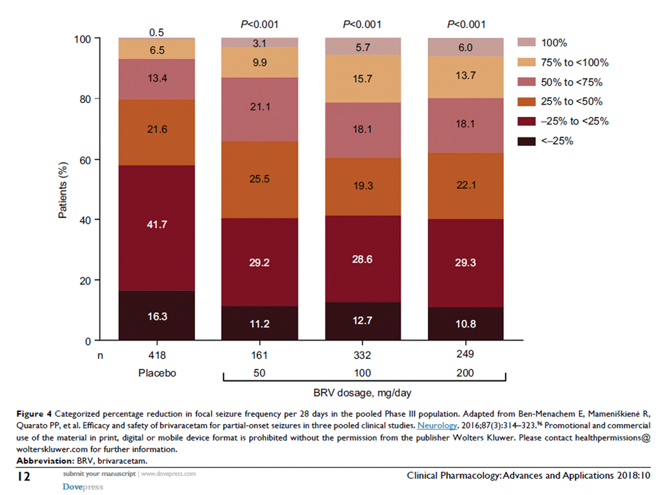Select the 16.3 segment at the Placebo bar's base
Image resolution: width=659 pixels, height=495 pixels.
[157, 315]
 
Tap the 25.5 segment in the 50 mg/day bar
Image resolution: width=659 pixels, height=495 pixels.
[259, 180]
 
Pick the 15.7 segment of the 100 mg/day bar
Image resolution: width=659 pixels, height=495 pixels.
[363, 78]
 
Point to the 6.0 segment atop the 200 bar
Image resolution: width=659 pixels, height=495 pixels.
[466, 47]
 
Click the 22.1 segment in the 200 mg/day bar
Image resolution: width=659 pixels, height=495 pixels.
[466, 185]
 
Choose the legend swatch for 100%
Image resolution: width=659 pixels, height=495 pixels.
[526, 43]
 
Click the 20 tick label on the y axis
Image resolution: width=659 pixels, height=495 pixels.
[85, 281]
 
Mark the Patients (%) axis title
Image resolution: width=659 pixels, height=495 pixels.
[63, 190]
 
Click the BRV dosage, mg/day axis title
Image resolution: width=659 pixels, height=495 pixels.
[362, 393]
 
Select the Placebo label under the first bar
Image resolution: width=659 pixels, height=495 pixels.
[157, 373]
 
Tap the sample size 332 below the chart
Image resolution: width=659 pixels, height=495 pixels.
[362, 355]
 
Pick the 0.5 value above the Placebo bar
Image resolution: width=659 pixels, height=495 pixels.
[157, 32]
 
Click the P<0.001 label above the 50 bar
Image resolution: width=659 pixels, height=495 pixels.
[259, 24]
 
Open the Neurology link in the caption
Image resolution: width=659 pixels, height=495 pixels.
[437, 426]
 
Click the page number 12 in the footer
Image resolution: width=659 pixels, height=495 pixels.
[24, 476]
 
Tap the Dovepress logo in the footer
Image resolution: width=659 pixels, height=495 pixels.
[83, 487]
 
